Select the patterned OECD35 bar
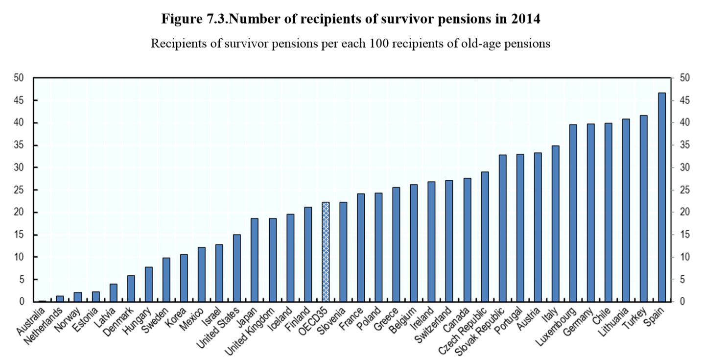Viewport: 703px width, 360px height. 326,252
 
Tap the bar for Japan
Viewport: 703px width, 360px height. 255,260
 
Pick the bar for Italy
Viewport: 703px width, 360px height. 556,223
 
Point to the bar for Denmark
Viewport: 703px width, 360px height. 131,288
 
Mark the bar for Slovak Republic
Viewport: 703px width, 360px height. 502,228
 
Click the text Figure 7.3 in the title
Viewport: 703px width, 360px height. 189,20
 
